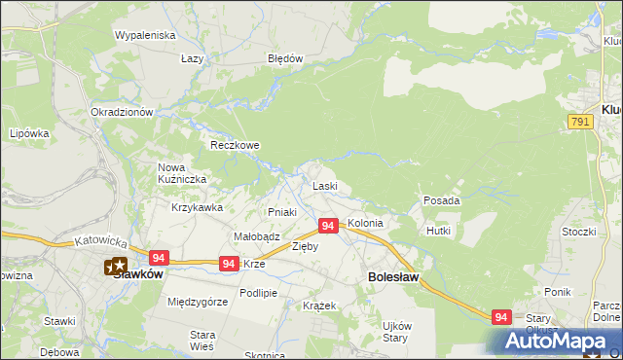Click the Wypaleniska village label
[x=144, y=35]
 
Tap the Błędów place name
[x=286, y=58]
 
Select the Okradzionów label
[x=123, y=112]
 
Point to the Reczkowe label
[x=236, y=145]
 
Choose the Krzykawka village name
[x=198, y=207]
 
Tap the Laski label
[x=324, y=186]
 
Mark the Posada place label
[x=441, y=200]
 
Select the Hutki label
[x=438, y=231]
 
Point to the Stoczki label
[x=578, y=232]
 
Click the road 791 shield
[x=581, y=120]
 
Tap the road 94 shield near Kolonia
[x=328, y=226]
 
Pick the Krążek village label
[x=319, y=306]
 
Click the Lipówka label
[x=28, y=133]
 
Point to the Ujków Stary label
[x=396, y=332]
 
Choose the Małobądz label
[x=257, y=236]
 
